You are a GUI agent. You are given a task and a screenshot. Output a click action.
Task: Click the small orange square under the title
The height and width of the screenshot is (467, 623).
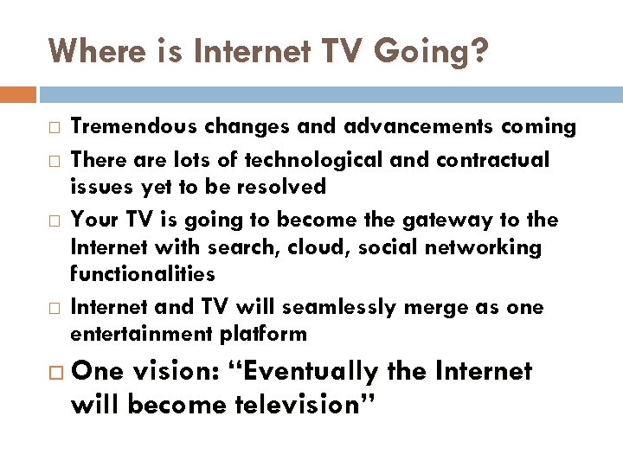pyautogui.click(x=18, y=94)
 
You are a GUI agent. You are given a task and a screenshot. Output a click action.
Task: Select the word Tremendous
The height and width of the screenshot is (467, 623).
pyautogui.click(x=132, y=127)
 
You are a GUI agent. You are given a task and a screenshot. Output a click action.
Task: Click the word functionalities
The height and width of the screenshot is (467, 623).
pyautogui.click(x=142, y=274)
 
